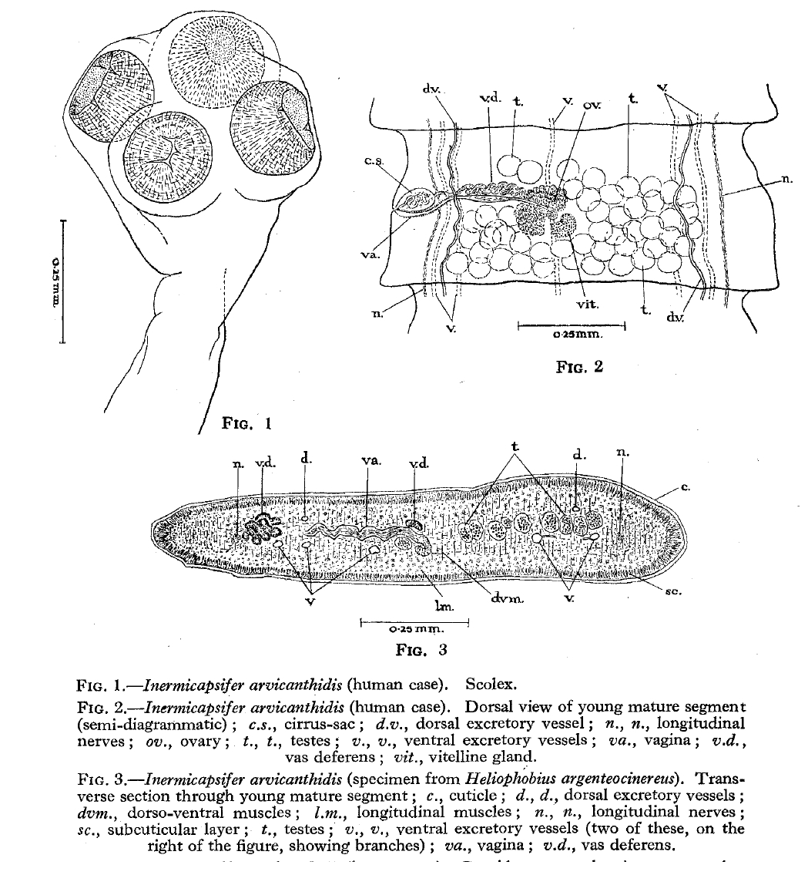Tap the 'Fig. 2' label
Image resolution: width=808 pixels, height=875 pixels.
(x=578, y=367)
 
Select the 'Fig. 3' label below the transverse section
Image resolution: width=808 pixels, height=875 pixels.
(x=421, y=649)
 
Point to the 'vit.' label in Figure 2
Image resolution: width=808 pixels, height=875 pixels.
(x=588, y=305)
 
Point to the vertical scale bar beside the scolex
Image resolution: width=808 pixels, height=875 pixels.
(x=63, y=281)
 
